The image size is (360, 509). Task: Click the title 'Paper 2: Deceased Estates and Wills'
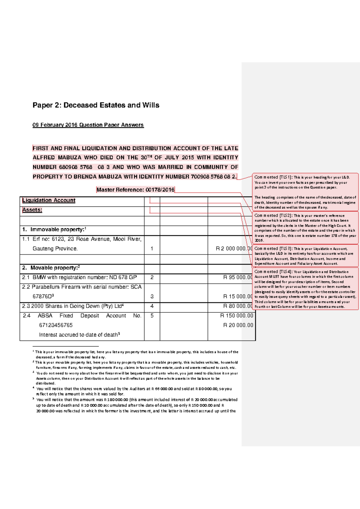tap(96, 105)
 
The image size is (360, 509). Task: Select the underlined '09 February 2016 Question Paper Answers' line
tap(88, 125)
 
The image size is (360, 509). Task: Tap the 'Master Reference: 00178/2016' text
tap(135, 190)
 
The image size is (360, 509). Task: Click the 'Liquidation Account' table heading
tap(49, 200)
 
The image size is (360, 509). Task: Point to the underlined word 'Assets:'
tap(32, 210)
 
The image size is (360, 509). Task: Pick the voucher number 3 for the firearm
tap(152, 297)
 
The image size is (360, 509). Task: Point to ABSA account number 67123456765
tap(56, 325)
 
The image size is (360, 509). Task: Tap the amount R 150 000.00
tap(237, 316)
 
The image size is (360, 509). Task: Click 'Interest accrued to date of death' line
tap(79, 335)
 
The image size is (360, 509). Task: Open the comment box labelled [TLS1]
tap(305, 192)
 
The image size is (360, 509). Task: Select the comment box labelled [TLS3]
tap(305, 256)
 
